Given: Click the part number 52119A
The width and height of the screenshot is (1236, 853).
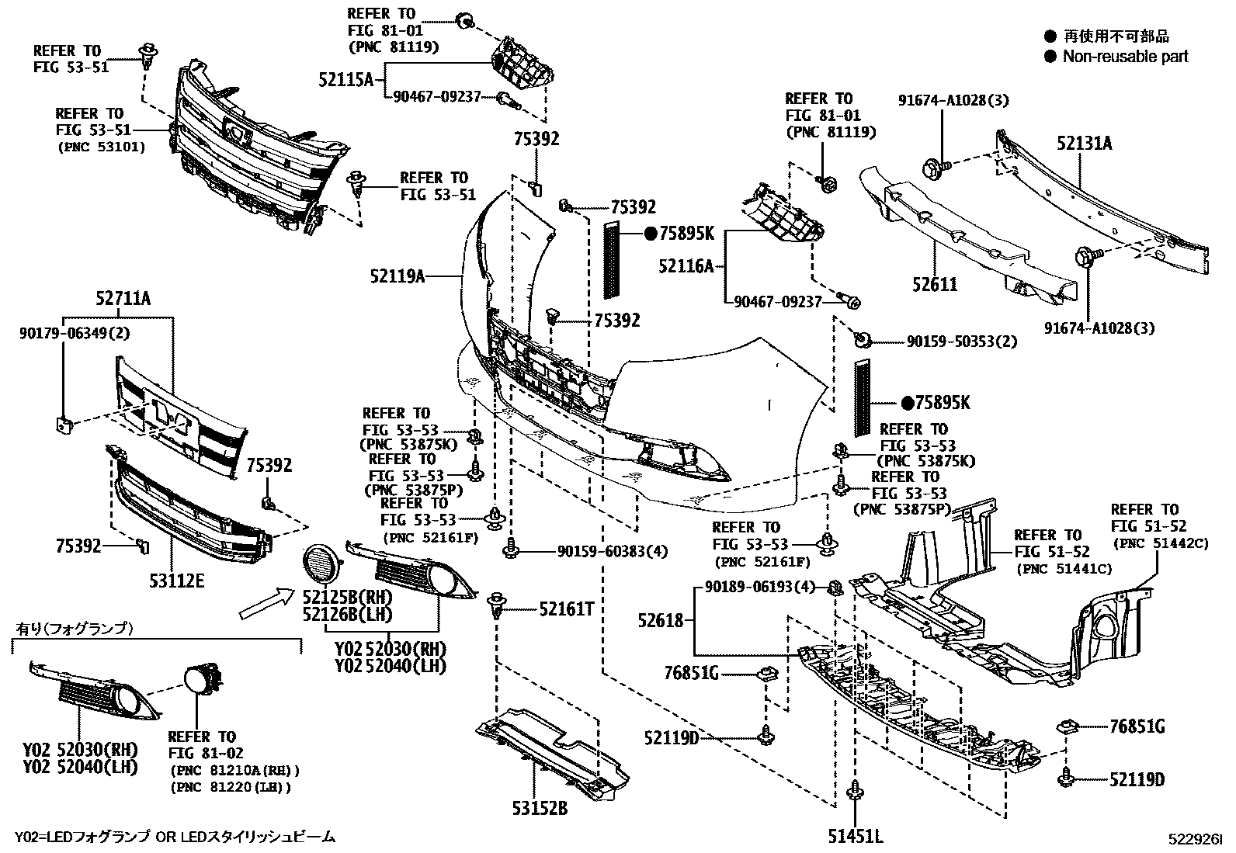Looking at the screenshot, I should [x=397, y=275].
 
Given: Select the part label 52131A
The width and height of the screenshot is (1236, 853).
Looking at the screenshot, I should [x=1083, y=143].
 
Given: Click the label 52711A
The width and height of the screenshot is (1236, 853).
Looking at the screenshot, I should [x=123, y=297].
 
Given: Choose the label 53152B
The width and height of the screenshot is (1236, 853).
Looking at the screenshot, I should [x=539, y=808].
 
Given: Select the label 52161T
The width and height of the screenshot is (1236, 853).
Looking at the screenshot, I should [x=566, y=609].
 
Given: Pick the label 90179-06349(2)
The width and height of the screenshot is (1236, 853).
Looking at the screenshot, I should [x=75, y=334].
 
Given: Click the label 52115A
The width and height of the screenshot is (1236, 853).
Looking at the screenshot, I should [x=345, y=78].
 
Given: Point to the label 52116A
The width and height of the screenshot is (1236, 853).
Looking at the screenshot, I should [x=686, y=266].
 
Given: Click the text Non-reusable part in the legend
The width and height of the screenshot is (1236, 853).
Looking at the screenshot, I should [x=1125, y=56].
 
